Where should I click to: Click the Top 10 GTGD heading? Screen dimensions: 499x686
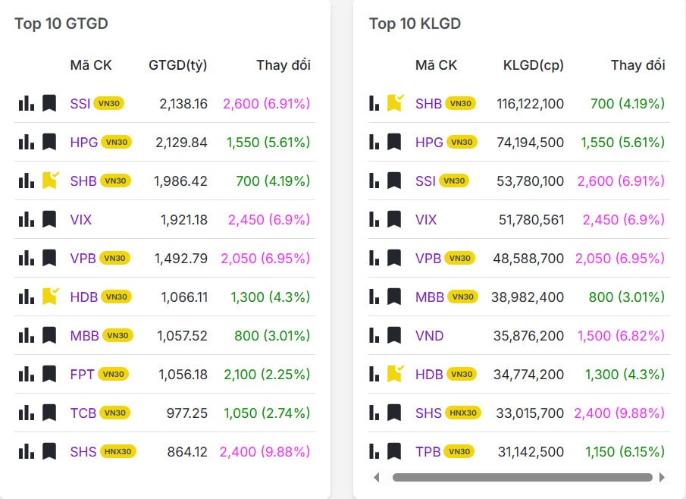coord(61,24)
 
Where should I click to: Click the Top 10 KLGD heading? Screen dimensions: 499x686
coord(415,24)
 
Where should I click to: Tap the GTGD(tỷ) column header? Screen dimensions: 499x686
coord(177,65)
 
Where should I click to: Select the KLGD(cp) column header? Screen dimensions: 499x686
coord(533,65)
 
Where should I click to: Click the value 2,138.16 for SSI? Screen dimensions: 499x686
coord(183,103)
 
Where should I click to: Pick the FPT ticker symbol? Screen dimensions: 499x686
coord(83,374)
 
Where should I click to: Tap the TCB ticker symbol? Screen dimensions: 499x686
coord(83,413)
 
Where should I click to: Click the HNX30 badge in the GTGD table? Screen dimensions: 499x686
coord(117,452)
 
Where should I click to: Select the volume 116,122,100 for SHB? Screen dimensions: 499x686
coord(530,103)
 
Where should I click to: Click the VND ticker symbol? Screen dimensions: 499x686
coord(430,335)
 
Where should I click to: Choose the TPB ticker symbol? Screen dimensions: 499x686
coord(428,451)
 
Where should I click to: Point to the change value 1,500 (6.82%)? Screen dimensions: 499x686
coord(621,335)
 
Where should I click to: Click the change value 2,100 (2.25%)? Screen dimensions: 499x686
coord(267,374)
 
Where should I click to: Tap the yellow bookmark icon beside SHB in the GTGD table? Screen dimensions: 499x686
coord(50,180)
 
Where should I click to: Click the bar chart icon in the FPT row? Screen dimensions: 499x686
coord(27,374)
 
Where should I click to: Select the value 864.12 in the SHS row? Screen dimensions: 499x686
coord(187,452)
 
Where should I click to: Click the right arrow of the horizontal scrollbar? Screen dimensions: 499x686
coord(662,478)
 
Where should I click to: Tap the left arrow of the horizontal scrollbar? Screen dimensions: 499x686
coord(377,478)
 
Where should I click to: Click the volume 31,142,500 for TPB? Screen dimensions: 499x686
coord(530,451)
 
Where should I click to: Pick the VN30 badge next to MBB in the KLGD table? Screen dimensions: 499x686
coord(462,297)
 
